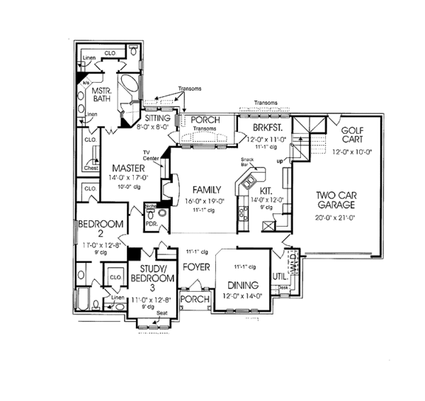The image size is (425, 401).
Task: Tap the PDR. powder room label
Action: coord(150,225)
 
